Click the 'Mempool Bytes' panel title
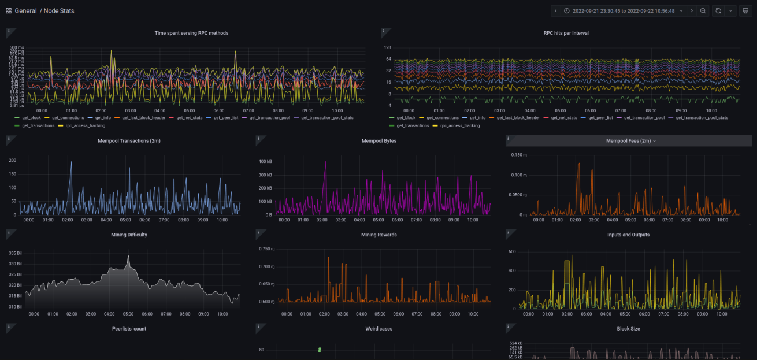pyautogui.click(x=378, y=141)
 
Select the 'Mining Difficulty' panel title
pyautogui.click(x=129, y=235)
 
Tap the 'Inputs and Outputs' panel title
pyautogui.click(x=628, y=235)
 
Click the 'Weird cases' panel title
pyautogui.click(x=378, y=329)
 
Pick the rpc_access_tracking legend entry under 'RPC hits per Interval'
pyautogui.click(x=459, y=125)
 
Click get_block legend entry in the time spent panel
pyautogui.click(x=31, y=118)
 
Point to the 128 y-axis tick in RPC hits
pyautogui.click(x=388, y=47)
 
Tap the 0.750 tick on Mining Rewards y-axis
pyautogui.click(x=266, y=249)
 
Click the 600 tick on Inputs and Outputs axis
pyautogui.click(x=511, y=252)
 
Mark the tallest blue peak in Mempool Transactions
pyautogui.click(x=71, y=162)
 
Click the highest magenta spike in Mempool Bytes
pyautogui.click(x=326, y=162)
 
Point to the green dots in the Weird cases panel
pyautogui.click(x=320, y=350)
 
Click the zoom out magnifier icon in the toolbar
pyautogui.click(x=703, y=11)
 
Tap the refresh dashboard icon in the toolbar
pyautogui.click(x=718, y=11)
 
